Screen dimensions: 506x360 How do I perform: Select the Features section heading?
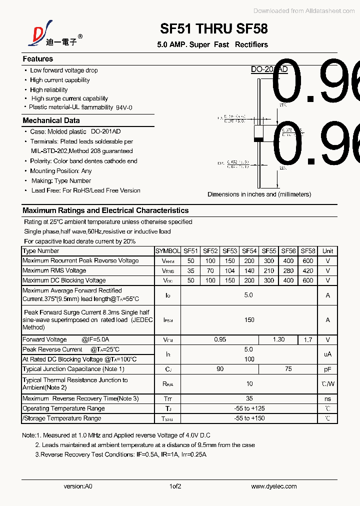(37, 59)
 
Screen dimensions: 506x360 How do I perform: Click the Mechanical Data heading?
(51, 120)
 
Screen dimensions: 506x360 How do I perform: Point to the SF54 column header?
(249, 251)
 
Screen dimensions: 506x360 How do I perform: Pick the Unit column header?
(327, 251)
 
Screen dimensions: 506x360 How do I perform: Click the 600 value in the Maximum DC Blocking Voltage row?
(308, 280)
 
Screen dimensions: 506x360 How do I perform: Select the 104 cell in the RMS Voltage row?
(229, 270)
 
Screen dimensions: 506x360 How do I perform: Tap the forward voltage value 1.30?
(278, 339)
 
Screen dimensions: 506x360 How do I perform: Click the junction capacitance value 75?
(288, 369)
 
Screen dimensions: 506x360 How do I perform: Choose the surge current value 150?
(249, 320)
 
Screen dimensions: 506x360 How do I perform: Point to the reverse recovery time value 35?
(249, 398)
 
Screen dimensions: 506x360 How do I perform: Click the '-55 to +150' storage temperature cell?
(249, 418)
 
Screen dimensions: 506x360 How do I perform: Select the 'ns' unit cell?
(327, 398)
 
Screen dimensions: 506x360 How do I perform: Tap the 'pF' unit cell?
(327, 369)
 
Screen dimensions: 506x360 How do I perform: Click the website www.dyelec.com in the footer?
(273, 486)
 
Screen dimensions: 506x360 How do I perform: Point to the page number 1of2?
(175, 486)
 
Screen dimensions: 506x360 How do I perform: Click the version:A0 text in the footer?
(78, 486)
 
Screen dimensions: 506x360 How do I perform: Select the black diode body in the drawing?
(258, 132)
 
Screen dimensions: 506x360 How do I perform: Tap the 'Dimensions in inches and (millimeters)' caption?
(259, 194)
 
